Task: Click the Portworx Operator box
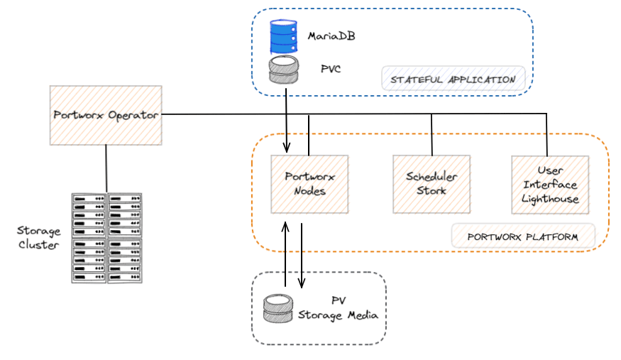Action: click(x=106, y=115)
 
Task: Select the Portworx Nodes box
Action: click(x=309, y=184)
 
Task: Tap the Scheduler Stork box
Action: click(x=432, y=184)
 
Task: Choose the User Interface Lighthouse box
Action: click(x=550, y=185)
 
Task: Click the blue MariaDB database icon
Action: click(x=284, y=36)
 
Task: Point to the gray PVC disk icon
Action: click(x=284, y=70)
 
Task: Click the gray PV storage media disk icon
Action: click(x=278, y=308)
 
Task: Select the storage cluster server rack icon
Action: click(x=106, y=238)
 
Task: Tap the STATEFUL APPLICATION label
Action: click(x=453, y=80)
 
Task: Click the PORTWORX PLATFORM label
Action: click(x=523, y=237)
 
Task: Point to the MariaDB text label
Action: click(x=331, y=36)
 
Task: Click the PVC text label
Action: click(x=331, y=69)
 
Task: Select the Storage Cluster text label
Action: click(x=39, y=238)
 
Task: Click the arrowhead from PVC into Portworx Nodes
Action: click(x=286, y=148)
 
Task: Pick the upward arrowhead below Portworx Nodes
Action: click(x=285, y=227)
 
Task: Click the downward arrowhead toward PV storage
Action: click(x=302, y=283)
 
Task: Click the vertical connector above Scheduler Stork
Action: click(x=432, y=135)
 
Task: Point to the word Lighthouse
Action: click(x=550, y=200)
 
